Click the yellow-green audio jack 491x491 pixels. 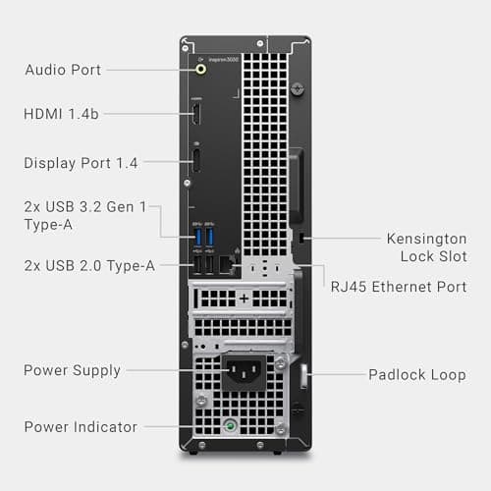[x=201, y=70]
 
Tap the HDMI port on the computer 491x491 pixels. [x=196, y=114]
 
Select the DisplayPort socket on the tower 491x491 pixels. [x=196, y=161]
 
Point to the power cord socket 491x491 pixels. [x=245, y=371]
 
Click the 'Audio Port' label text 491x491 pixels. [x=63, y=70]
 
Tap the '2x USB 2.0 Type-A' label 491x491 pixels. [x=87, y=265]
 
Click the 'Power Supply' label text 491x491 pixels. [x=72, y=370]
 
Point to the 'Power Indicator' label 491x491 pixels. [x=81, y=426]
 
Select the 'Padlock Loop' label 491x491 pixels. [x=416, y=374]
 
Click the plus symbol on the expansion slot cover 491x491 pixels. [x=244, y=297]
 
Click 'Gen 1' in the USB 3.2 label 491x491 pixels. [x=124, y=207]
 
